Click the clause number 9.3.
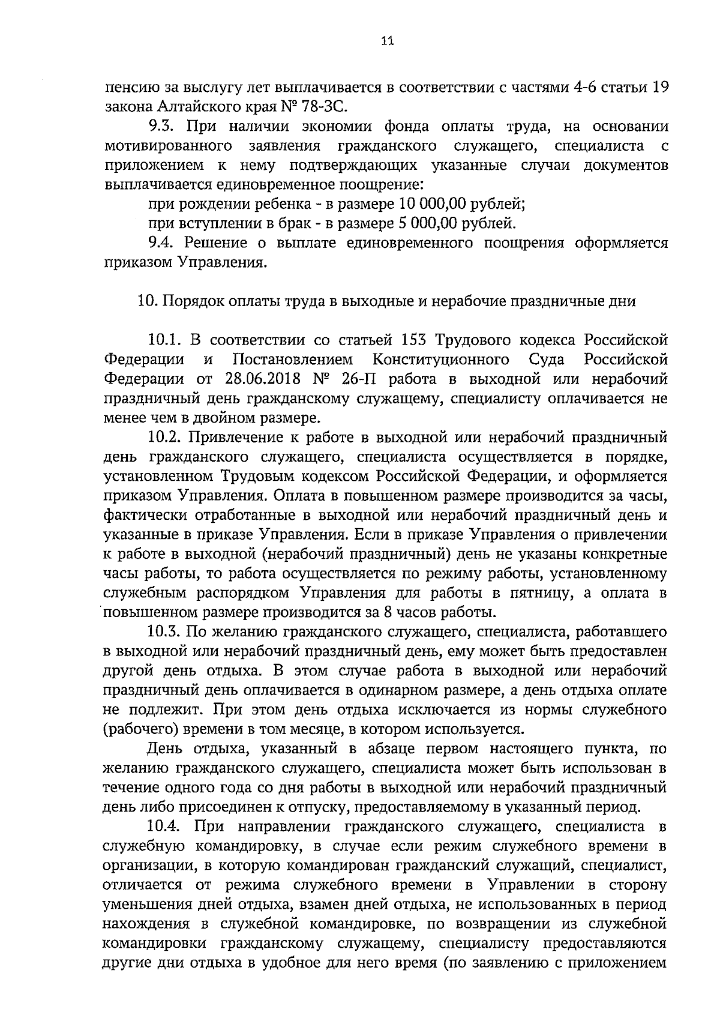(161, 127)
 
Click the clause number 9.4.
(161, 243)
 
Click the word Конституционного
(442, 360)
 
